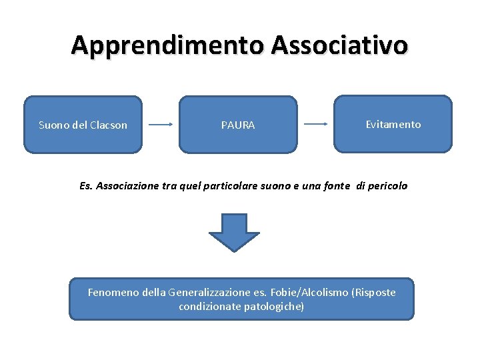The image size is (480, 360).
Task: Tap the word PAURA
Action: point(238,125)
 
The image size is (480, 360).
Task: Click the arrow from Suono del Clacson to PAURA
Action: point(161,125)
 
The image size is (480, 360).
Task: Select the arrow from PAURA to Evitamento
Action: point(315,124)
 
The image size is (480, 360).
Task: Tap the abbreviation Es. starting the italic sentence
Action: point(85,186)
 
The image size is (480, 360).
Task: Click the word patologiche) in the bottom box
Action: point(274,307)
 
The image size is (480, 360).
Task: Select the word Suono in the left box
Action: point(53,125)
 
